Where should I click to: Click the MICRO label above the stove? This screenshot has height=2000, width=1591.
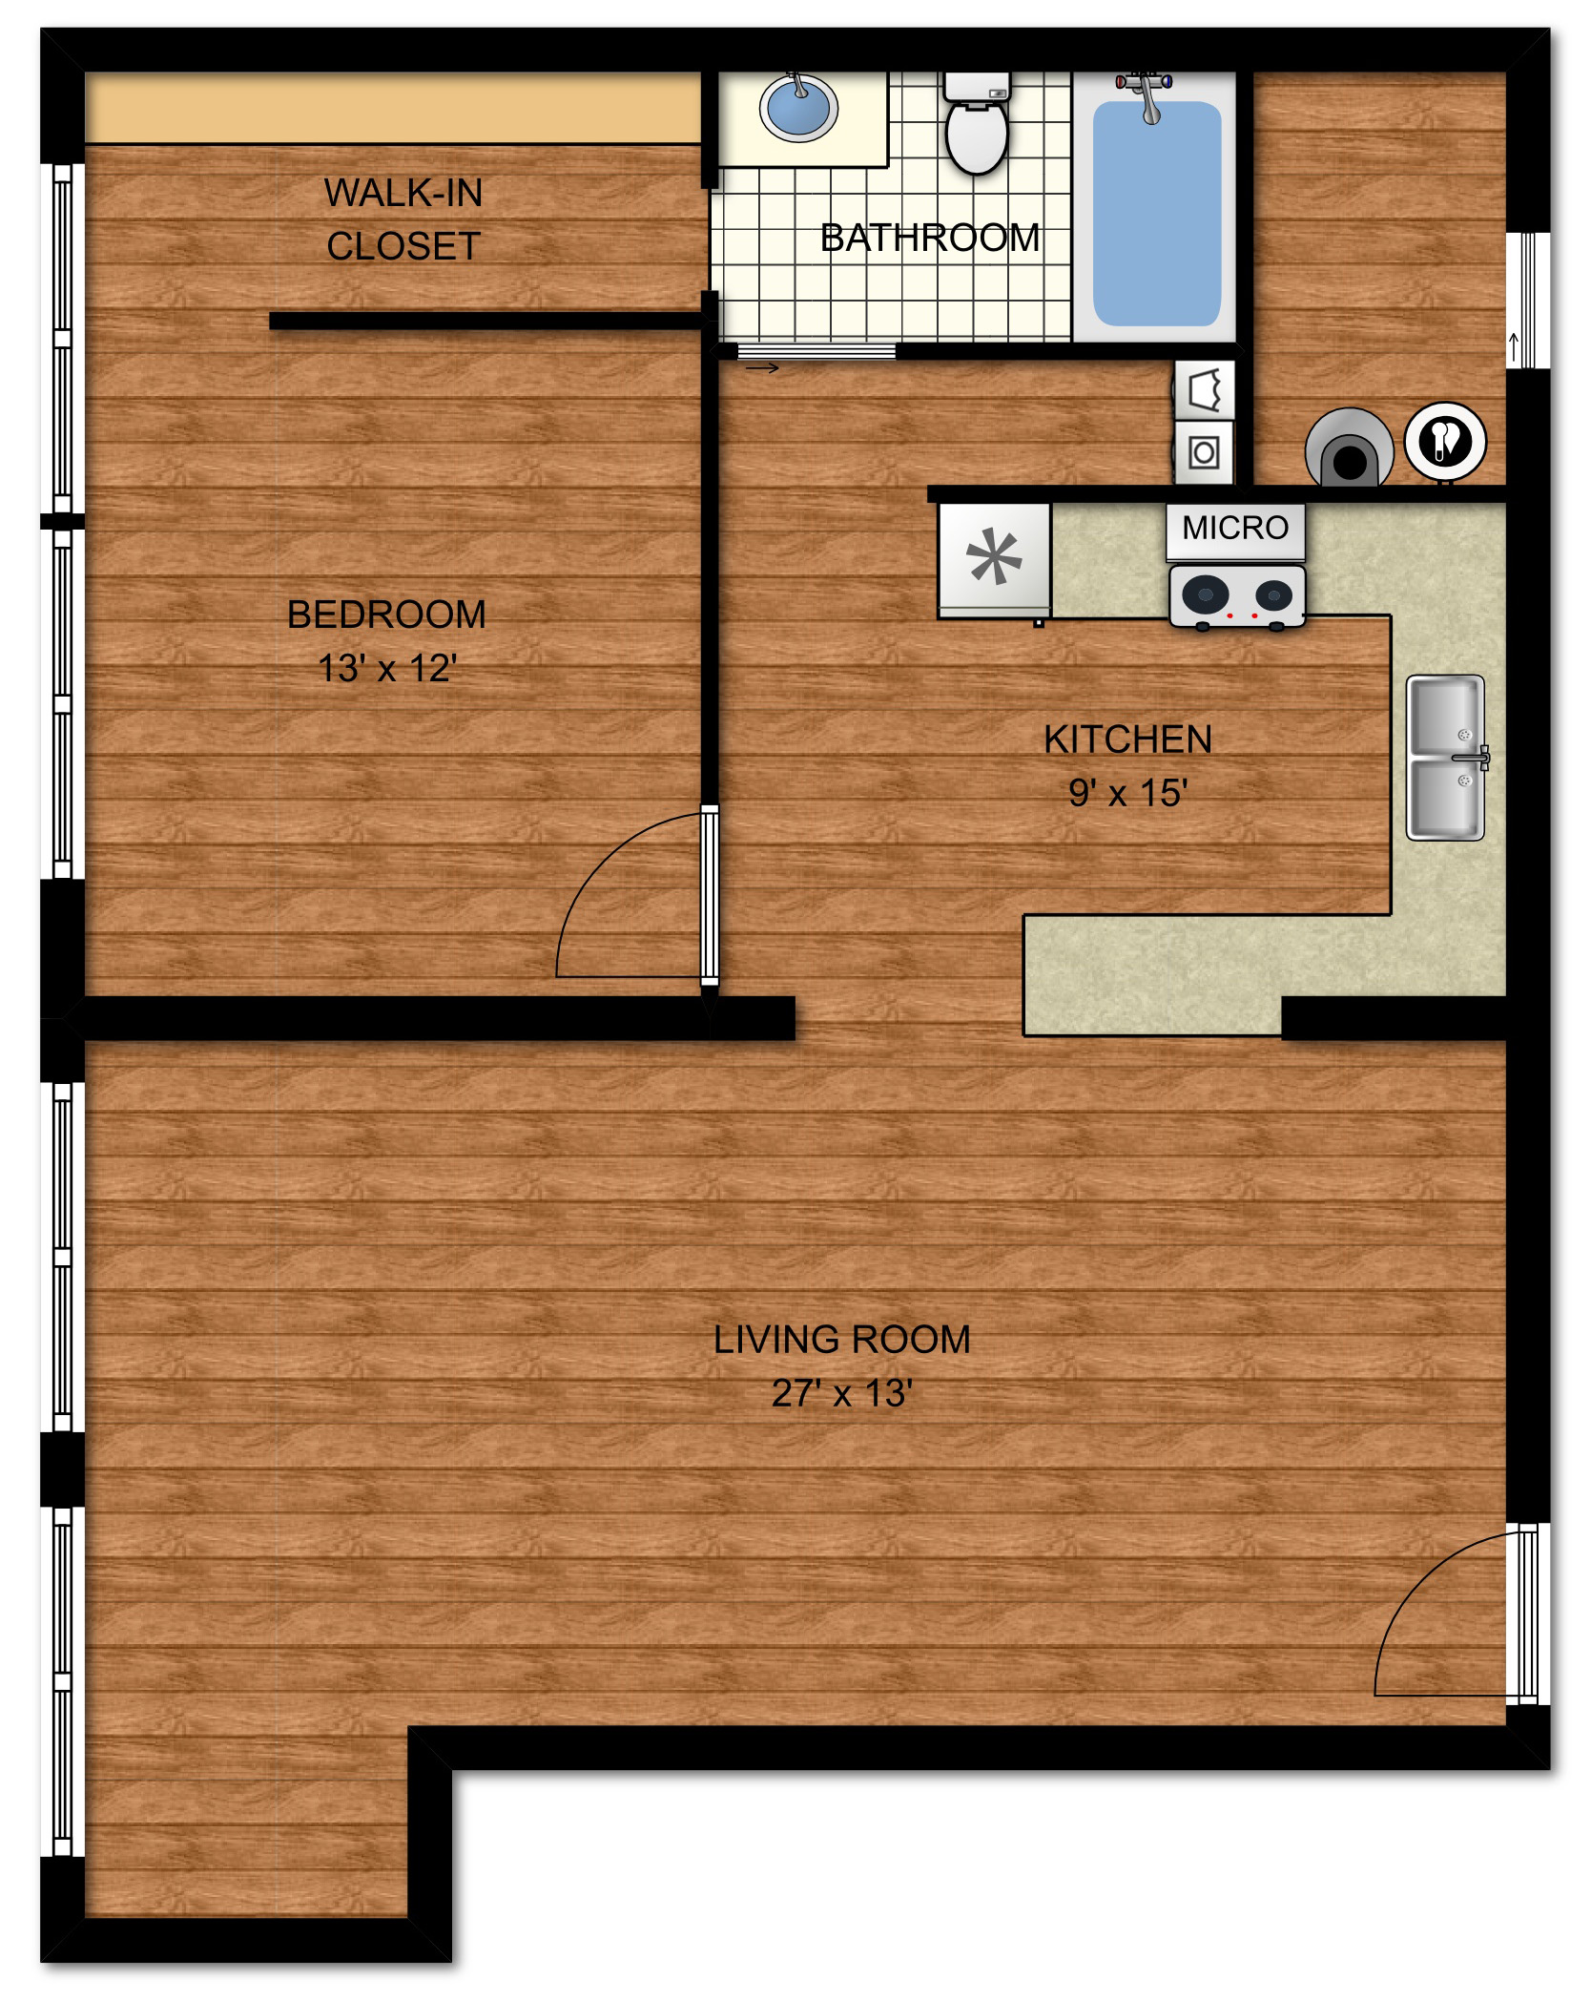[x=1235, y=528]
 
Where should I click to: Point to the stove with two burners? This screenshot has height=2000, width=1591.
[x=1237, y=596]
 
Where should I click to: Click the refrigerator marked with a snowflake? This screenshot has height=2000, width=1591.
[x=994, y=560]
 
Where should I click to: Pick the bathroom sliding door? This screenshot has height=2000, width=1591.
[x=809, y=351]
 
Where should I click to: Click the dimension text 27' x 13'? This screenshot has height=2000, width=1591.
[x=842, y=1394]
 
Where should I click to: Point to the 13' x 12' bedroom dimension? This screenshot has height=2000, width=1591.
[x=387, y=668]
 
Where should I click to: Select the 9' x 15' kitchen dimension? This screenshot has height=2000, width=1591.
[x=1127, y=792]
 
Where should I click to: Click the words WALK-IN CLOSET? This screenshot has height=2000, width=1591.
[x=403, y=219]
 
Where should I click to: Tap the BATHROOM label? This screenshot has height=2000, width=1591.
[x=930, y=238]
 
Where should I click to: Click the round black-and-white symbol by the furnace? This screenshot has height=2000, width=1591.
[x=1445, y=441]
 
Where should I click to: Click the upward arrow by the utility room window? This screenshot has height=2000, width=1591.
[x=1513, y=346]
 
